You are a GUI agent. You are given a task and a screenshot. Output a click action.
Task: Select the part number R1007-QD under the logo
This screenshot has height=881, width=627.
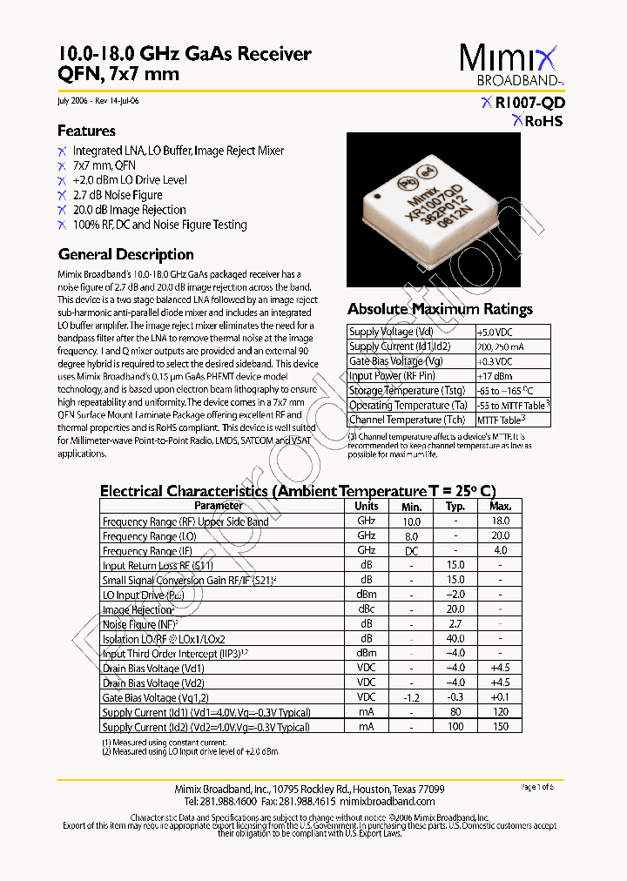tap(529, 102)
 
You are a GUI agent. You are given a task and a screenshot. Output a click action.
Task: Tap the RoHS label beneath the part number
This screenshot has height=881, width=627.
tap(543, 122)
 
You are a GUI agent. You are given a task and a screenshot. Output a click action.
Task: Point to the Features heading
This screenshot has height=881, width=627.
tap(86, 131)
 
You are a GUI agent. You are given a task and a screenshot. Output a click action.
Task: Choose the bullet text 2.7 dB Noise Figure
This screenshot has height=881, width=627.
tap(118, 195)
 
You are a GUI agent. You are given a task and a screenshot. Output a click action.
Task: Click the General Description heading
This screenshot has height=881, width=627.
tap(125, 255)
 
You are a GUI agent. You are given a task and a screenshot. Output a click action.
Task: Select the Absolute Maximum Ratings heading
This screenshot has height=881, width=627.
tap(440, 309)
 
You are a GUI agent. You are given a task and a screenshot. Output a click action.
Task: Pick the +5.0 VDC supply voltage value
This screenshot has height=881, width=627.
tap(495, 332)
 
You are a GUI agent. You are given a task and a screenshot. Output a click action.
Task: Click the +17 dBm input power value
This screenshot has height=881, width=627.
tap(493, 376)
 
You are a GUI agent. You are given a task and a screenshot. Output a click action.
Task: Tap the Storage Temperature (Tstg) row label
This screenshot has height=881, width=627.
tap(407, 391)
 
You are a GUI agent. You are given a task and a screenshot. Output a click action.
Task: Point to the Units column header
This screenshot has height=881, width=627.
tap(367, 506)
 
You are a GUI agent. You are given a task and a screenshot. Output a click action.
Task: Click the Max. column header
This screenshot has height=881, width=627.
tap(501, 506)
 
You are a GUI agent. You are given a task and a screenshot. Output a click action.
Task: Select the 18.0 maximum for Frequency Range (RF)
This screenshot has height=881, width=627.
tap(501, 521)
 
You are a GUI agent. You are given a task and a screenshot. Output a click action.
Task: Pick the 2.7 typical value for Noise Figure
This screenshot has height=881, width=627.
tap(455, 624)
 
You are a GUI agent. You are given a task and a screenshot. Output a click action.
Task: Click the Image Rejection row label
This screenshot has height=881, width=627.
tap(138, 610)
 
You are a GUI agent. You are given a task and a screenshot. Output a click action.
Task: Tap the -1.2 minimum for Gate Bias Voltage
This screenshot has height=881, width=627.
tap(411, 697)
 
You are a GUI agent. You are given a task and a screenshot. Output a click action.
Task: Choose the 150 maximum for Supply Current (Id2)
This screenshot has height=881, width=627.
tap(501, 727)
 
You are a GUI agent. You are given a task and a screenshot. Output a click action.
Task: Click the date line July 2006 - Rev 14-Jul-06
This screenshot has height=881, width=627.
tap(97, 101)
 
